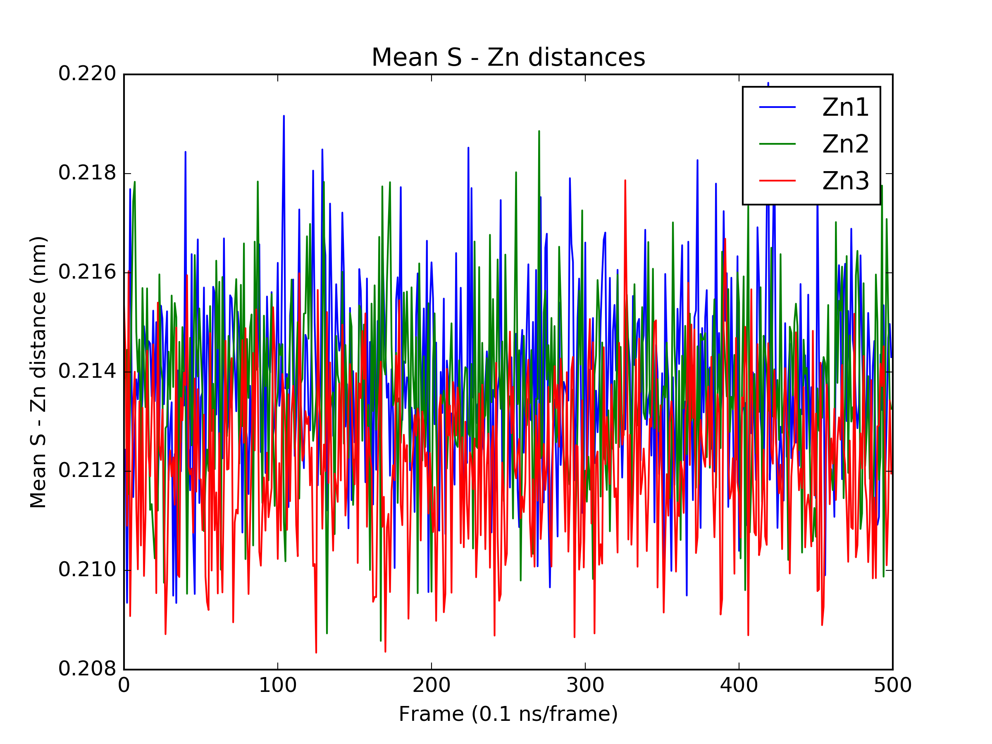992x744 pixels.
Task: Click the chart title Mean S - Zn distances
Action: point(508,58)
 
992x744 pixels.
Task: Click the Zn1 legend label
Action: point(845,107)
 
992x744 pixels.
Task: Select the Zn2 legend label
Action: point(845,144)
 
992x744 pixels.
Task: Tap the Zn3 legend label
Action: point(845,181)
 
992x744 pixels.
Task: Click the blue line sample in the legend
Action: point(777,107)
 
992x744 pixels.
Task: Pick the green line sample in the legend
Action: point(777,144)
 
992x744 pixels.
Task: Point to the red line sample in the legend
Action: point(777,181)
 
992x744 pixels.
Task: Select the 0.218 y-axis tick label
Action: point(88,173)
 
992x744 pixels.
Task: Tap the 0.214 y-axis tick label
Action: point(88,372)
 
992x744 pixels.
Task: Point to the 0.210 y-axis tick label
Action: point(88,570)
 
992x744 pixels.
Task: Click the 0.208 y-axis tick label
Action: point(88,669)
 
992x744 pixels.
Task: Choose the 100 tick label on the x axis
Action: point(278,686)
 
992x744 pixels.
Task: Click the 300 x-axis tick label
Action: point(585,686)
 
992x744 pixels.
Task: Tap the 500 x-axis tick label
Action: point(892,686)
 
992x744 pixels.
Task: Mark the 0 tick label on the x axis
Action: point(124,686)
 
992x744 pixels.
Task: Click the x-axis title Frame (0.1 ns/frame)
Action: point(508,714)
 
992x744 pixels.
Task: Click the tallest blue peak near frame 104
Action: point(284,117)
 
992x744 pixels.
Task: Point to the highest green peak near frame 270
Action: point(539,132)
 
